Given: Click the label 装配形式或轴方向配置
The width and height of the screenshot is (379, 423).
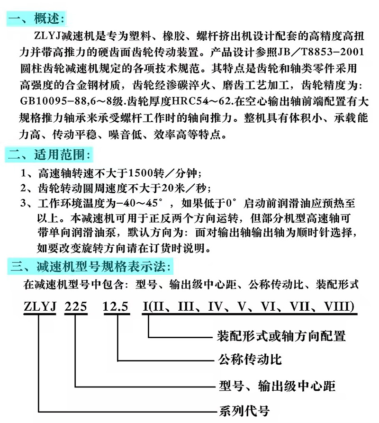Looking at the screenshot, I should point(281,337).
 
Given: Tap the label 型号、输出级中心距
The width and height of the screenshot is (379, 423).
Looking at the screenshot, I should point(277,385).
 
